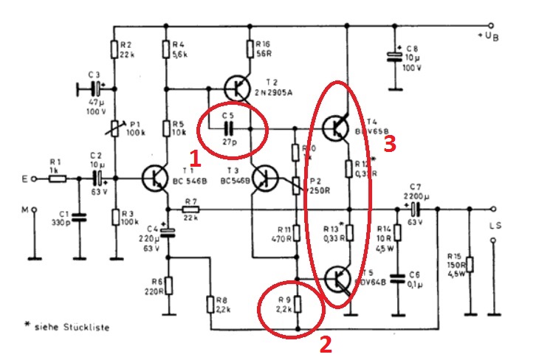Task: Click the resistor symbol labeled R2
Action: point(116,49)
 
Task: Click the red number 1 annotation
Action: point(195,158)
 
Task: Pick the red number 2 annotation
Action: point(324,343)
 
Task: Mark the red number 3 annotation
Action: point(390,144)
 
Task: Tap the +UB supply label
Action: point(492,35)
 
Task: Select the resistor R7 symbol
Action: point(191,210)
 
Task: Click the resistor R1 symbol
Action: point(58,178)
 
